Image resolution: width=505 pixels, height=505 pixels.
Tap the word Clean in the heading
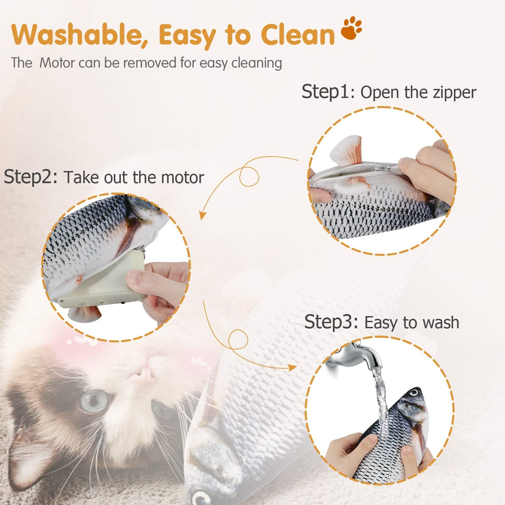point(298,35)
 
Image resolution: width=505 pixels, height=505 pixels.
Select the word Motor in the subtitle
point(57,63)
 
